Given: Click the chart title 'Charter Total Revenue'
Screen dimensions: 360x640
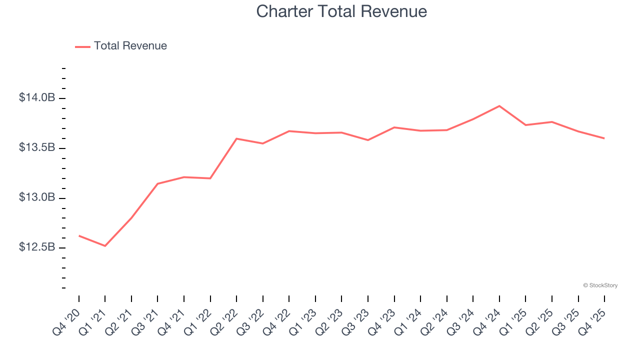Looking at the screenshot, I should click(341, 11).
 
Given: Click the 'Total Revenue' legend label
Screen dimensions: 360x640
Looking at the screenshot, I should click(130, 46).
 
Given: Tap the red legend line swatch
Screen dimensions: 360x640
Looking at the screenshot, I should click(82, 46).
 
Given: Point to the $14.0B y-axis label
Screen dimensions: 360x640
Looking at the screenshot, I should click(37, 98).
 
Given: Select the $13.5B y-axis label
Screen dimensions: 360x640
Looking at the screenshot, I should click(37, 148).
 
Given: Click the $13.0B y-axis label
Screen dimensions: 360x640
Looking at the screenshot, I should click(37, 197).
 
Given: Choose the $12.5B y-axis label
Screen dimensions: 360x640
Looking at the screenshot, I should click(37, 247).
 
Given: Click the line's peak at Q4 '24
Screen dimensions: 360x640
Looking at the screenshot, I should click(499, 106).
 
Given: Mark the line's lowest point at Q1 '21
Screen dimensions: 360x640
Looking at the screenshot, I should click(105, 246).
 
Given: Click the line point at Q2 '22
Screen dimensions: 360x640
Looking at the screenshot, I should click(236, 138).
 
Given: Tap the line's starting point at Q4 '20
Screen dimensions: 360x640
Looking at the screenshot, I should click(79, 235).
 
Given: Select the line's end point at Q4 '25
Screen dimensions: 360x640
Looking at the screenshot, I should click(604, 138).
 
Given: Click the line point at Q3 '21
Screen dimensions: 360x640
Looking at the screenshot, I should click(157, 183).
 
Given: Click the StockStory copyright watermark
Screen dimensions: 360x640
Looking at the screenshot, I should click(600, 285).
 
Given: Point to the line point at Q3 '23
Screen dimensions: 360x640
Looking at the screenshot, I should click(368, 140).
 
